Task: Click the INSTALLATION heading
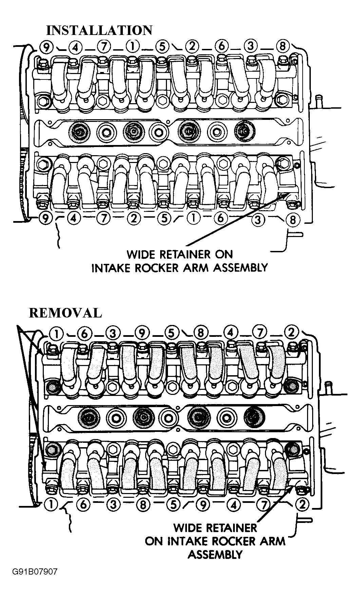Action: tap(99, 30)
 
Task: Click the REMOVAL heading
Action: tap(65, 313)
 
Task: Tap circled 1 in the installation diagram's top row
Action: tap(132, 46)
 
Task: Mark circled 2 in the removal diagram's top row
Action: tap(291, 333)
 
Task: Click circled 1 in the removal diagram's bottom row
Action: tap(51, 505)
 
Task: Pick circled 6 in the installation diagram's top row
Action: tap(221, 46)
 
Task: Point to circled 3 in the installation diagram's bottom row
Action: tap(258, 220)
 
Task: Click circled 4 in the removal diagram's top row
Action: tap(230, 333)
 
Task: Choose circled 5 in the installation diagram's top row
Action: tap(162, 46)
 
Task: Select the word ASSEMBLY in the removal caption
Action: tap(215, 554)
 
